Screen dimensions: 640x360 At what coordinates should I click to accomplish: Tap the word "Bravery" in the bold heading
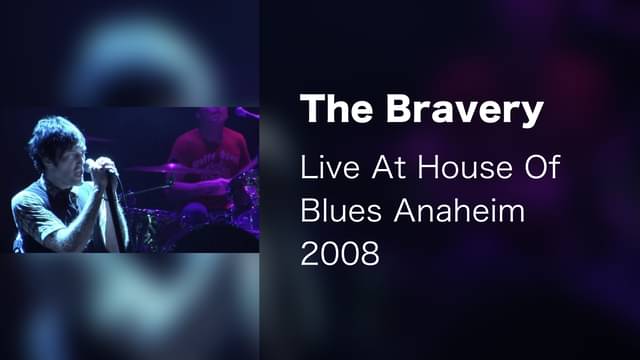[x=465, y=111]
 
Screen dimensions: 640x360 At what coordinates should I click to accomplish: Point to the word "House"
[x=464, y=167]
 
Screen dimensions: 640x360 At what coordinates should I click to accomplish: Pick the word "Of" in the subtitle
[x=542, y=167]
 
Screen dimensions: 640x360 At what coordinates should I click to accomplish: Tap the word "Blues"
[x=341, y=211]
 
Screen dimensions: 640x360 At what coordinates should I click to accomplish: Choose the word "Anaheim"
[x=459, y=211]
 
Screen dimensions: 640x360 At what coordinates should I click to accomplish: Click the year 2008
[x=340, y=254]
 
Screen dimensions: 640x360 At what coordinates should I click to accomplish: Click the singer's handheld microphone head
[x=88, y=166]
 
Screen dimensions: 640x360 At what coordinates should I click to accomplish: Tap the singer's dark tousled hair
[x=56, y=137]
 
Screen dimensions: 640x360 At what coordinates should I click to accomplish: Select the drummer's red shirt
[x=209, y=157]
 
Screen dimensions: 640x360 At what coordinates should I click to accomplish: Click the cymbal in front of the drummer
[x=167, y=168]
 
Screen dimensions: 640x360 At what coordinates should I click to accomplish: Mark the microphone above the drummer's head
[x=247, y=113]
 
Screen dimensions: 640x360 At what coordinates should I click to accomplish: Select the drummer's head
[x=211, y=120]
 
